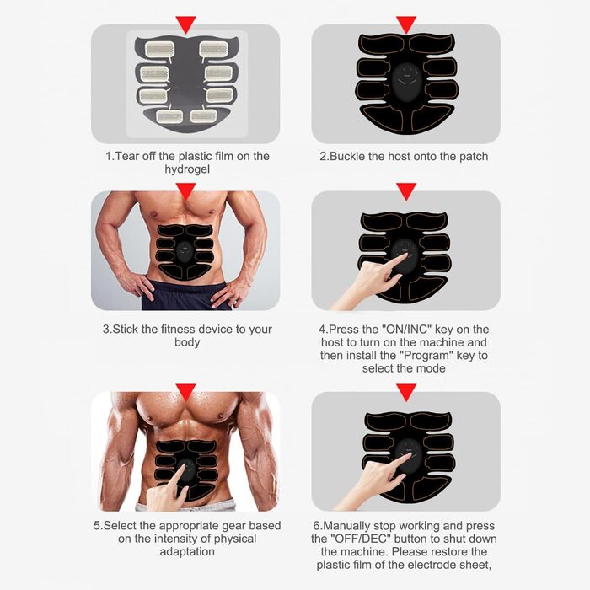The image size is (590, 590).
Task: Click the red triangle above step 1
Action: pyautogui.click(x=185, y=24)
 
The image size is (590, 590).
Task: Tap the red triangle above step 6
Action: pyautogui.click(x=406, y=392)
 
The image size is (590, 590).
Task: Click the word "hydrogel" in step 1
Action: pyautogui.click(x=187, y=169)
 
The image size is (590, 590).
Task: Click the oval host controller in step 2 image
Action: pyautogui.click(x=407, y=80)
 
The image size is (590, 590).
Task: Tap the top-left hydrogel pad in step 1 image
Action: pyautogui.click(x=160, y=49)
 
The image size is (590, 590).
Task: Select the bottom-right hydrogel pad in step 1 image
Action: pyautogui.click(x=203, y=116)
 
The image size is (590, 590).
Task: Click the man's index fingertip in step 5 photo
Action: pyautogui.click(x=184, y=466)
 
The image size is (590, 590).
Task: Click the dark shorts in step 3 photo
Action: pyautogui.click(x=186, y=297)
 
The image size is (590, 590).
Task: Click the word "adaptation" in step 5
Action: pyautogui.click(x=187, y=551)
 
